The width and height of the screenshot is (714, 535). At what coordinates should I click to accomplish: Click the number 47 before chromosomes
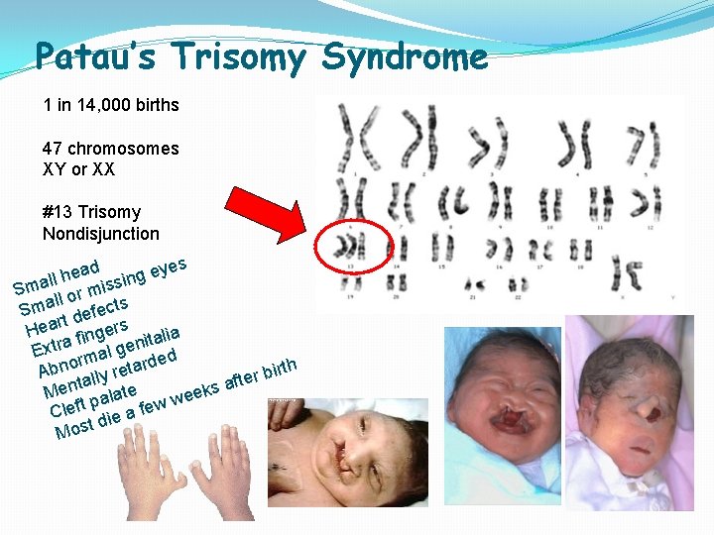pyautogui.click(x=53, y=149)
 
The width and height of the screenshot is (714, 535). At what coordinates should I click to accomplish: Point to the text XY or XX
pyautogui.click(x=78, y=169)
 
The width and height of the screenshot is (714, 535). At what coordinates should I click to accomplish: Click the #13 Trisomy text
pyautogui.click(x=91, y=212)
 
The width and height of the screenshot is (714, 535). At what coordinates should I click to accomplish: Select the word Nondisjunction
pyautogui.click(x=100, y=234)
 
